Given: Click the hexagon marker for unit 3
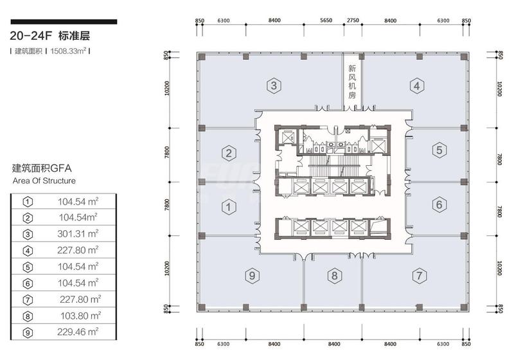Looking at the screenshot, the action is click(274, 85).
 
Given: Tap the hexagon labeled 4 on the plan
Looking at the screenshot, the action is click(416, 85).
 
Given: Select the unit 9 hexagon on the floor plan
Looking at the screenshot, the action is click(252, 275).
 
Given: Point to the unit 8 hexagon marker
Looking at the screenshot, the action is click(334, 275).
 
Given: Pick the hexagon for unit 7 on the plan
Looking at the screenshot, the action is click(420, 275).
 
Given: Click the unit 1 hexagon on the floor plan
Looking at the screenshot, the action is click(229, 207).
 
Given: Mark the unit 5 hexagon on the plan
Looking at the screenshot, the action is click(439, 150).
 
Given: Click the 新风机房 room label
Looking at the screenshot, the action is click(352, 82).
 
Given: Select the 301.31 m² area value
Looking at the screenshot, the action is click(78, 234).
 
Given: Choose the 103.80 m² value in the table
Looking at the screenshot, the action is click(81, 316).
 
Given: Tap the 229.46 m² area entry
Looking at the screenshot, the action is click(78, 332).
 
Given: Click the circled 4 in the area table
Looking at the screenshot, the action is click(28, 251).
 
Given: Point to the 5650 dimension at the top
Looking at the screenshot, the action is click(326, 21).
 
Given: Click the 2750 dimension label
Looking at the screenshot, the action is click(353, 21).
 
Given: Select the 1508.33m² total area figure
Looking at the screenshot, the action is click(68, 51).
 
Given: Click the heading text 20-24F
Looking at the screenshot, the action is click(31, 36).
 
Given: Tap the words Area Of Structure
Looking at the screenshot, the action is click(44, 181).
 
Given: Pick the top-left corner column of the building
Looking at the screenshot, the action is click(202, 57).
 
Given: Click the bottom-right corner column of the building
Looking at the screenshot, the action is click(463, 307).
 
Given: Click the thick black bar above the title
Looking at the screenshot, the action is click(64, 22).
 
